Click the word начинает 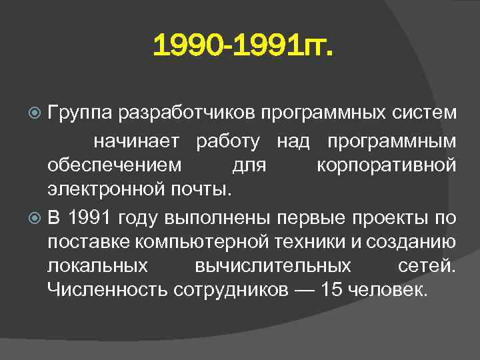point(136,141)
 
